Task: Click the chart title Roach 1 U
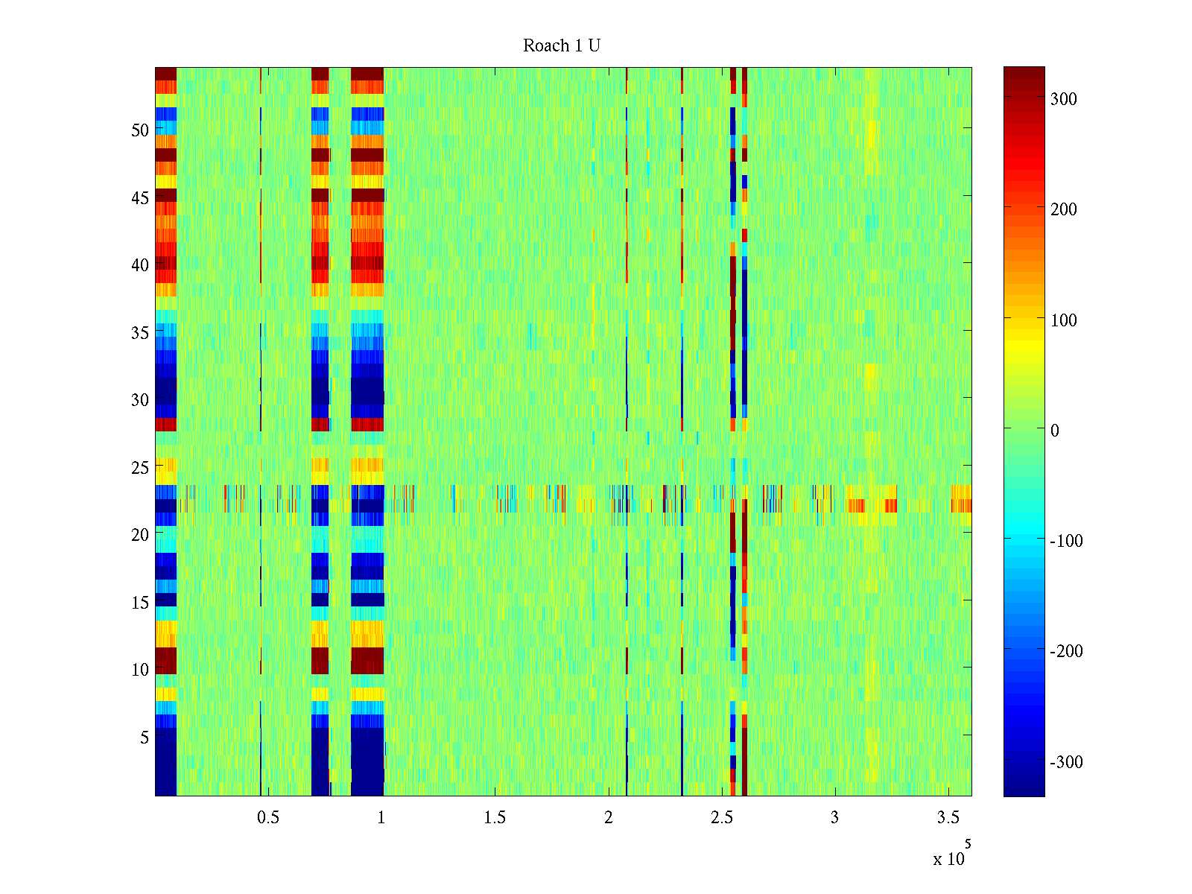pos(562,46)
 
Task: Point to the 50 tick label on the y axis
pos(140,130)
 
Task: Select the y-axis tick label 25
pos(140,468)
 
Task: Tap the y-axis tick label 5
pos(145,738)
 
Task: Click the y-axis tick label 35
pos(140,333)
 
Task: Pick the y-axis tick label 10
pos(140,670)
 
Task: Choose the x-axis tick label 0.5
pos(268,818)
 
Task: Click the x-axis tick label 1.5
pos(495,818)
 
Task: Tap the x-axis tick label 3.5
pos(948,818)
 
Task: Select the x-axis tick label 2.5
pos(721,818)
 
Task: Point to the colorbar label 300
pos(1063,100)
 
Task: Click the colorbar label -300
pos(1066,762)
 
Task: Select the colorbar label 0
pos(1054,431)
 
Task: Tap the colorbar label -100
pos(1066,541)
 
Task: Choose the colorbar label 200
pos(1063,210)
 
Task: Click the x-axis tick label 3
pos(834,818)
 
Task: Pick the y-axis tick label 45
pos(140,198)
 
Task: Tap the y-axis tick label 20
pos(140,535)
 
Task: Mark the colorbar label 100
pos(1063,320)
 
